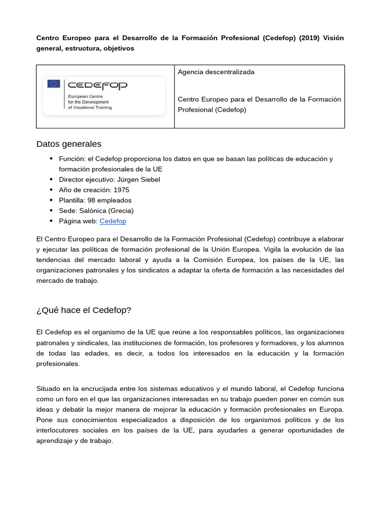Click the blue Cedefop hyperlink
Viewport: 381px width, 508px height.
point(113,221)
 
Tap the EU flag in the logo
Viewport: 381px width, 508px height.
point(54,84)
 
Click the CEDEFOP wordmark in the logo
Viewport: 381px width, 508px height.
point(97,85)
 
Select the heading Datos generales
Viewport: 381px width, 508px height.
point(68,144)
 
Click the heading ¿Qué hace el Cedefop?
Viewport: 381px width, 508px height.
point(83,310)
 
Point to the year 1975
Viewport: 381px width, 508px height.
point(121,190)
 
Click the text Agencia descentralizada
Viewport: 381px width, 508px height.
point(216,72)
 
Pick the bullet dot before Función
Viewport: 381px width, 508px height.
point(51,159)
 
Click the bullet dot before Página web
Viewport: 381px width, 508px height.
point(51,221)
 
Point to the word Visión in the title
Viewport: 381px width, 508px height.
point(333,38)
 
